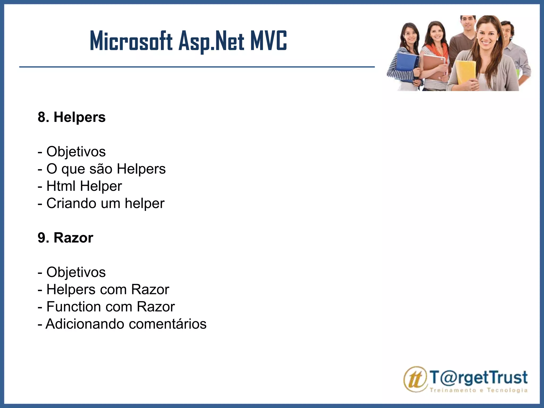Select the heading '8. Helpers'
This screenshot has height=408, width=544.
click(x=72, y=117)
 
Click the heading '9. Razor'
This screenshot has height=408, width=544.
click(x=66, y=238)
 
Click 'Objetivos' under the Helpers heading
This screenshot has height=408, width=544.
click(x=76, y=152)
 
